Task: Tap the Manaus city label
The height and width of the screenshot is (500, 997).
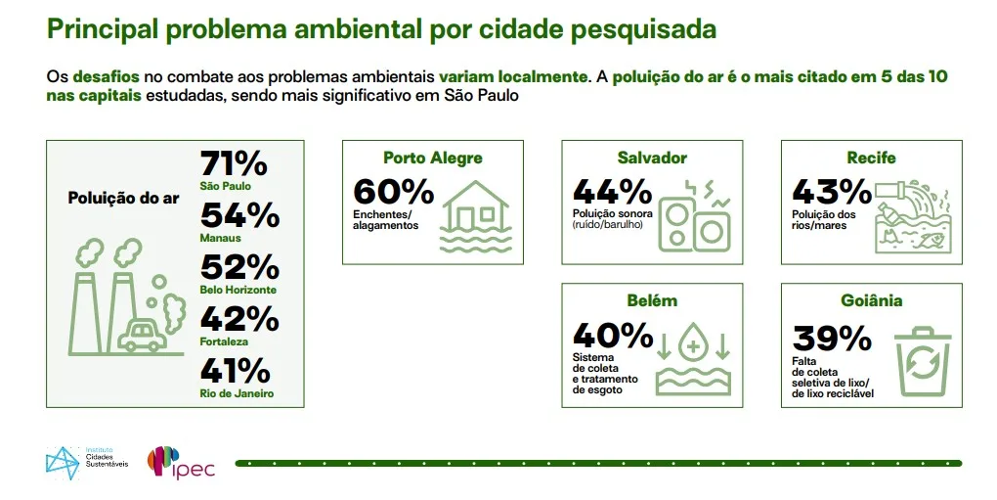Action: click(219, 237)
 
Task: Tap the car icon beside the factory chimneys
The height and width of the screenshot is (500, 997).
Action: click(142, 335)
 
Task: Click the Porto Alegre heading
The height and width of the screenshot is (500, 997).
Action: click(432, 158)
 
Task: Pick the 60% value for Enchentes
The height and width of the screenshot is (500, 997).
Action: click(393, 192)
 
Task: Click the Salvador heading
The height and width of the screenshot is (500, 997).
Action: click(652, 158)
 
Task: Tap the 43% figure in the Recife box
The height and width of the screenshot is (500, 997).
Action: click(831, 192)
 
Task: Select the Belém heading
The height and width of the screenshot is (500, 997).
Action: click(652, 300)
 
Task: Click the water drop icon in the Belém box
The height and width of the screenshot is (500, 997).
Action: click(694, 347)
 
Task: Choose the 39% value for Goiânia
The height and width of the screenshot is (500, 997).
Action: click(832, 338)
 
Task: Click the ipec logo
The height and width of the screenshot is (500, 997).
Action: click(181, 462)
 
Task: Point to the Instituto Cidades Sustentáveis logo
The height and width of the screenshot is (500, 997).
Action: click(86, 462)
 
